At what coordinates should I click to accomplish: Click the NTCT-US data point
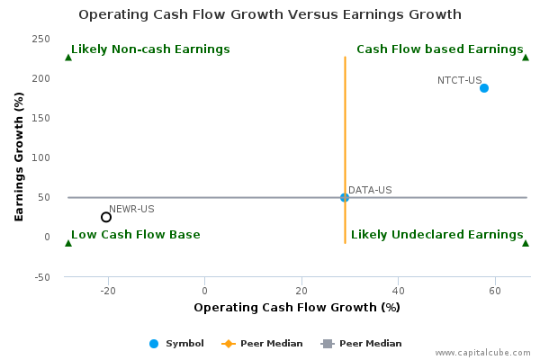click(x=484, y=88)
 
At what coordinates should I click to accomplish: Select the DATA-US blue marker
click(x=345, y=197)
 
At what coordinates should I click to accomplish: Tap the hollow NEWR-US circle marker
click(x=106, y=217)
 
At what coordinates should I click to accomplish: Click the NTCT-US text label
click(x=459, y=80)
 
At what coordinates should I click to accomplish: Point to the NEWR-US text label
click(x=131, y=209)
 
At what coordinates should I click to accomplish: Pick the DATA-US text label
click(x=370, y=190)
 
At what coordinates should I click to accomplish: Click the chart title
click(x=270, y=14)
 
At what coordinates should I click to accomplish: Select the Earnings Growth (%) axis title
click(x=19, y=157)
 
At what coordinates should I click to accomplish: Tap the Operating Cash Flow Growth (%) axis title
click(x=297, y=307)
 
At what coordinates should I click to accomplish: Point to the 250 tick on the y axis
click(x=41, y=39)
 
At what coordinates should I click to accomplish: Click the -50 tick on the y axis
click(x=42, y=277)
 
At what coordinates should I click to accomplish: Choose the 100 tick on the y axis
click(x=41, y=157)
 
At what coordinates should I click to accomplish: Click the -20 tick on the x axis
click(x=108, y=291)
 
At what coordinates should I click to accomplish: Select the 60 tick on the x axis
click(x=495, y=291)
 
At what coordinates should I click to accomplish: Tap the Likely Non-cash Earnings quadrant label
click(x=150, y=49)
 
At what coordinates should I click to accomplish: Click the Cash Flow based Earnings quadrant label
click(x=440, y=49)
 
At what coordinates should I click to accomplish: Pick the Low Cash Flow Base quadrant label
click(x=136, y=235)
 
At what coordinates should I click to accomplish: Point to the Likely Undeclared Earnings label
click(x=437, y=235)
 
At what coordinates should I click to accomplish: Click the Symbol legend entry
click(x=176, y=344)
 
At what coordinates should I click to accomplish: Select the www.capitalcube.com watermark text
click(x=482, y=353)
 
